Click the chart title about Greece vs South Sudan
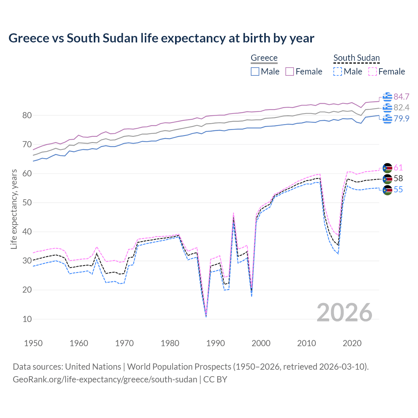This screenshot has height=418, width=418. [x=161, y=38]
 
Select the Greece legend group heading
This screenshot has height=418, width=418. [x=264, y=58]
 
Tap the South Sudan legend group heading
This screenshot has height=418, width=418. [x=356, y=58]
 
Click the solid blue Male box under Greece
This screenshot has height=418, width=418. [x=255, y=72]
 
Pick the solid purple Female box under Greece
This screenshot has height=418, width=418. [x=290, y=72]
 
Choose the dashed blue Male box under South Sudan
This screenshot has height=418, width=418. [x=338, y=72]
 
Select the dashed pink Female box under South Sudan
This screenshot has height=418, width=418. [x=373, y=72]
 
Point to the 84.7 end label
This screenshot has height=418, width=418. [x=401, y=97]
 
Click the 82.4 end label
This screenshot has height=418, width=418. [x=401, y=107]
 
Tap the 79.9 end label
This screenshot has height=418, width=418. [x=401, y=119]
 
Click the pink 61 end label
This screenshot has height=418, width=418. [x=398, y=168]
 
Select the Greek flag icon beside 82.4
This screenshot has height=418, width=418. [x=387, y=108]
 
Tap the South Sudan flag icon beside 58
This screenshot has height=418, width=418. [x=387, y=179]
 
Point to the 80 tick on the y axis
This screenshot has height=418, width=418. [x=27, y=115]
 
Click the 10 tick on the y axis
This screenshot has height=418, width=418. [x=27, y=319]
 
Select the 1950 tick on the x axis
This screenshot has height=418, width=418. [x=33, y=343]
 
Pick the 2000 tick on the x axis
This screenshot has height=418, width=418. [x=261, y=343]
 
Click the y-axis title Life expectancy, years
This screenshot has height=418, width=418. [x=14, y=209]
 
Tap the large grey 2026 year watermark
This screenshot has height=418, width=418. [x=345, y=313]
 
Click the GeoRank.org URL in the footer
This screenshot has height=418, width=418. [x=105, y=379]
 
